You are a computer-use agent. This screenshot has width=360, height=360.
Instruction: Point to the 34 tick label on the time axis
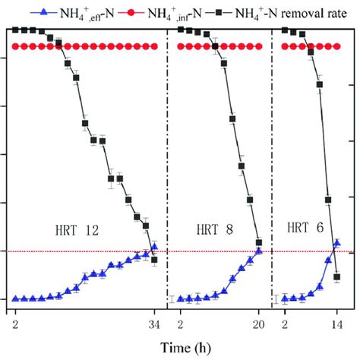click(x=155, y=325)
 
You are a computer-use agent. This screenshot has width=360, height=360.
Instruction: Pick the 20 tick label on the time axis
click(x=259, y=325)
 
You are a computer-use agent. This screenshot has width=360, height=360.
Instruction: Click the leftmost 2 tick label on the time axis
click(x=16, y=325)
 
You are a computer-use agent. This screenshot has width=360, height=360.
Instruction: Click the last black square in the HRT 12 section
click(x=155, y=260)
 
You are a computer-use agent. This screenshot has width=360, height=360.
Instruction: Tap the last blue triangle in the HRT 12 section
click(x=155, y=247)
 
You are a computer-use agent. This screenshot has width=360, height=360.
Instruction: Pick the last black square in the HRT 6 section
click(x=336, y=277)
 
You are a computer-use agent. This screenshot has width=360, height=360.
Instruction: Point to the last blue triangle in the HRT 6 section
click(x=336, y=244)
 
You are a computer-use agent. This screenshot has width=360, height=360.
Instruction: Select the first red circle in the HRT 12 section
click(x=16, y=46)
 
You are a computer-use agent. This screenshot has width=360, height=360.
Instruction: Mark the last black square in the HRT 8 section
click(x=259, y=242)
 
